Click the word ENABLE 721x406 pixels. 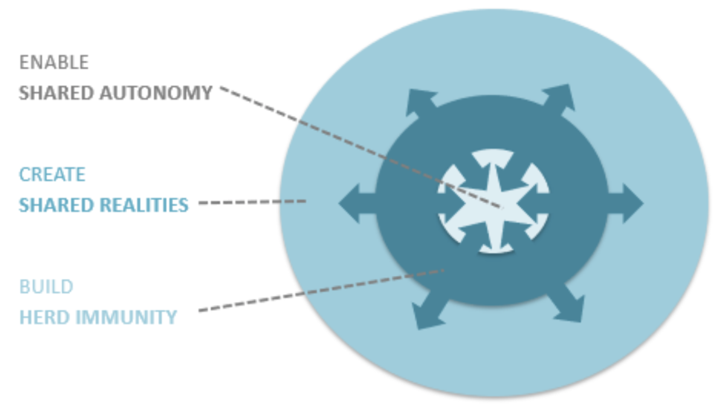(44, 62)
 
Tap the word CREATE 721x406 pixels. (52, 175)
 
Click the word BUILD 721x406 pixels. (46, 286)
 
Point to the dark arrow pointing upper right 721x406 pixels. (561, 97)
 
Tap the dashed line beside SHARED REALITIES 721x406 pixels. (253, 202)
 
